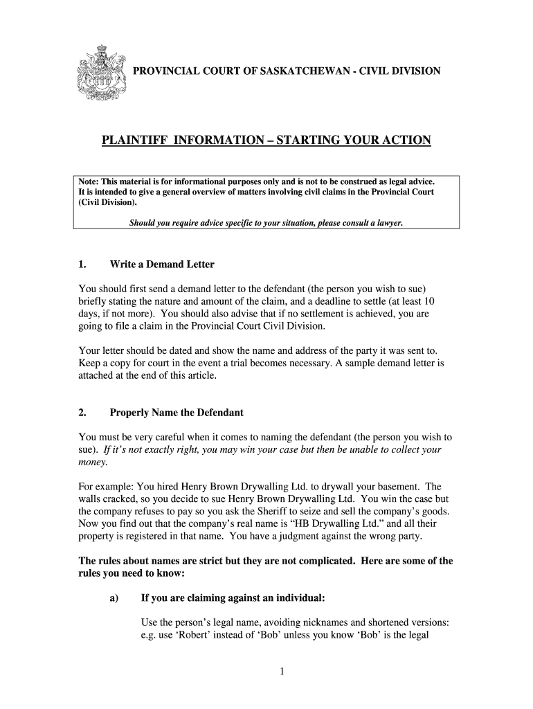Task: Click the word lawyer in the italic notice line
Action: pyautogui.click(x=386, y=223)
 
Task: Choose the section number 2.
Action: pyautogui.click(x=82, y=413)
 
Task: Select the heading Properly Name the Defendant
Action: pyautogui.click(x=177, y=413)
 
